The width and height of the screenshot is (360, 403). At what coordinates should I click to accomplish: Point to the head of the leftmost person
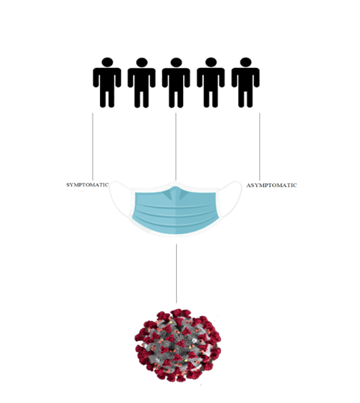coord(107,63)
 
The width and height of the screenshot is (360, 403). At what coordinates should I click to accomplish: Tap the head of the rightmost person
coord(246,63)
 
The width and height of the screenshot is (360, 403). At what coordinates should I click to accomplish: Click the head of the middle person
coord(176,63)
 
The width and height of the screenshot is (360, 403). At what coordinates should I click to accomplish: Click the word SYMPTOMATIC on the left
coord(87,185)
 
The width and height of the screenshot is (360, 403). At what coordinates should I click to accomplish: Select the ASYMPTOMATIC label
coord(272,185)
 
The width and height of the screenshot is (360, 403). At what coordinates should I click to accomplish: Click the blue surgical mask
coord(176,209)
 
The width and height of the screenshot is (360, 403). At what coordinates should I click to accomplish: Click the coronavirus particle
coord(178,345)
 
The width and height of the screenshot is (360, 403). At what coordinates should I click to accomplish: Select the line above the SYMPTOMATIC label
coord(93,147)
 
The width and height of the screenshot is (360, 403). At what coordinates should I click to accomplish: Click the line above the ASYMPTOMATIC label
coord(259,147)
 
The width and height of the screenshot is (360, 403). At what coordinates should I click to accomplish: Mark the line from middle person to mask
coord(176,147)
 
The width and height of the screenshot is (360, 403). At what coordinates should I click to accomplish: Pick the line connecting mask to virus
coord(176,274)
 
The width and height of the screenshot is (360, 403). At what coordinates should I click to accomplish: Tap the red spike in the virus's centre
coord(180,343)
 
